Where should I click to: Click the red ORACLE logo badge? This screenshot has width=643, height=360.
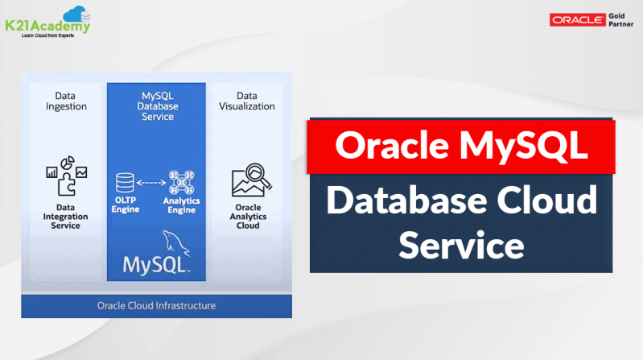click(578, 20)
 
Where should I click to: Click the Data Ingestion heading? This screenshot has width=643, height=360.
click(65, 101)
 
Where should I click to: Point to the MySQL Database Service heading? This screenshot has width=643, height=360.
click(157, 106)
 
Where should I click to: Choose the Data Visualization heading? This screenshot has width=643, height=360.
click(247, 101)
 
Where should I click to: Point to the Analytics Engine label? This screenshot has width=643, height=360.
click(181, 205)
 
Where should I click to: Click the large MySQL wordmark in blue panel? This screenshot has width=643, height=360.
click(155, 264)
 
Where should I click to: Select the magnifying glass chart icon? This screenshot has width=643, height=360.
click(248, 181)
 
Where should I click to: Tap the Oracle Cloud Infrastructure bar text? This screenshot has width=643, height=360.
click(156, 306)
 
